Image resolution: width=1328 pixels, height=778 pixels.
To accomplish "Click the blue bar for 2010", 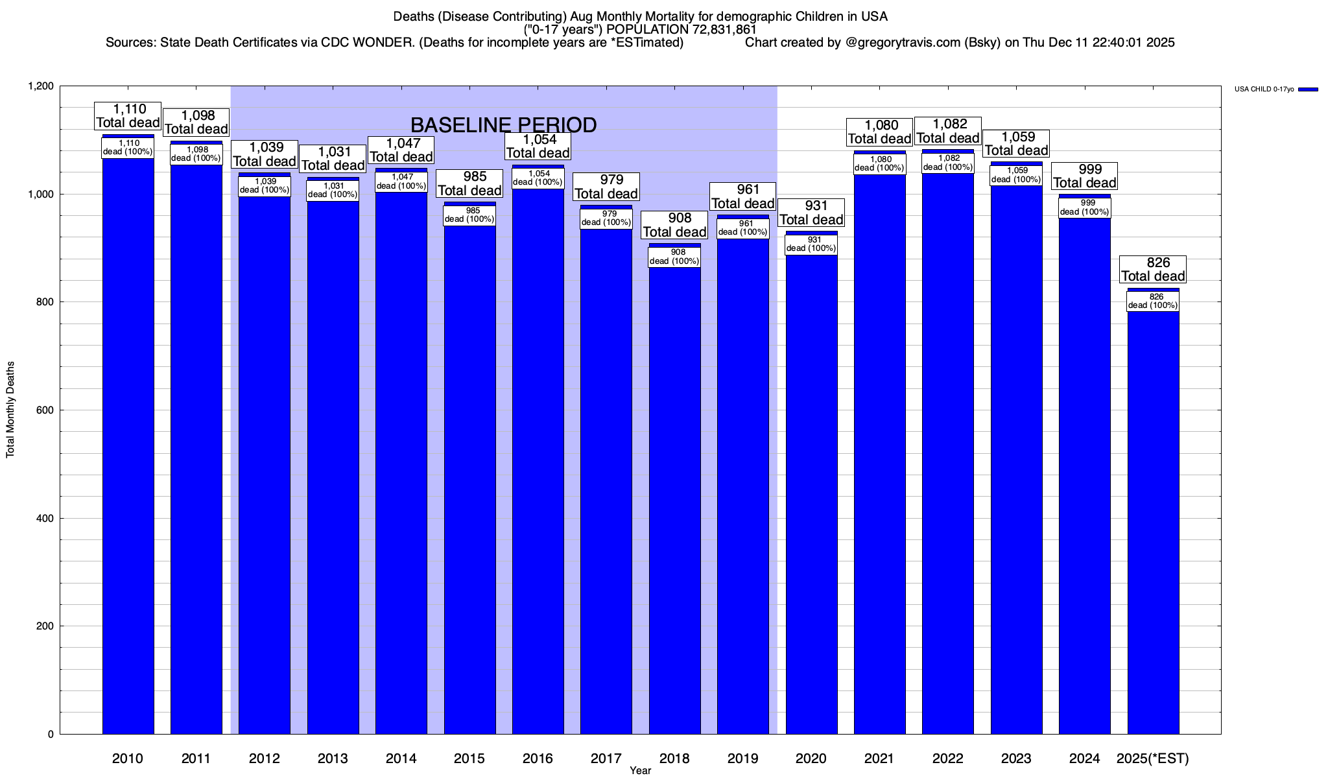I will click(x=128, y=454).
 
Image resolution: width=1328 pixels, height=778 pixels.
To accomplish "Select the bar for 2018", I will click(x=674, y=506).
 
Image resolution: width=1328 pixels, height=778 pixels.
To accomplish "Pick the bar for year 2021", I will click(x=880, y=454).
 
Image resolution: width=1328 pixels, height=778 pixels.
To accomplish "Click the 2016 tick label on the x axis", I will click(x=538, y=758).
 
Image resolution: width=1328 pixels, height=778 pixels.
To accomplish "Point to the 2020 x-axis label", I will click(x=811, y=758).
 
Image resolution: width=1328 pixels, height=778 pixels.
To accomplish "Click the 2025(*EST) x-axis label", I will click(x=1153, y=758).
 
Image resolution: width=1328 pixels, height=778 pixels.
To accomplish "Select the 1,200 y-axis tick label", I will click(x=40, y=86).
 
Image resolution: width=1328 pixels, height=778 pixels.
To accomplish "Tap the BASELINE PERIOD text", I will click(x=504, y=124).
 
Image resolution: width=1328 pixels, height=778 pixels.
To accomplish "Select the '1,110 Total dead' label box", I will click(x=128, y=116).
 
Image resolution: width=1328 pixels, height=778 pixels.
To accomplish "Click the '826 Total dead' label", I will click(x=1153, y=269).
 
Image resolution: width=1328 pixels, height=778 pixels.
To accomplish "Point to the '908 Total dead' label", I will click(x=674, y=225).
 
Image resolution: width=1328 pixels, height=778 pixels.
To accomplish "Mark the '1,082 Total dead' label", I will click(x=947, y=131).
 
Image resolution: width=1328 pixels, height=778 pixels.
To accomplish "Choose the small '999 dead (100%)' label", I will click(x=1084, y=207).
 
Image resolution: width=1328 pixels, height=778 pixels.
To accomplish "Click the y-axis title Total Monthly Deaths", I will click(x=10, y=410).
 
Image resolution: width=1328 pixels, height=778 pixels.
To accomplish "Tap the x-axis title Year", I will click(x=640, y=770).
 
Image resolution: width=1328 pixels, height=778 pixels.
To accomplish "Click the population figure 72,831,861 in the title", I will click(x=720, y=30).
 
